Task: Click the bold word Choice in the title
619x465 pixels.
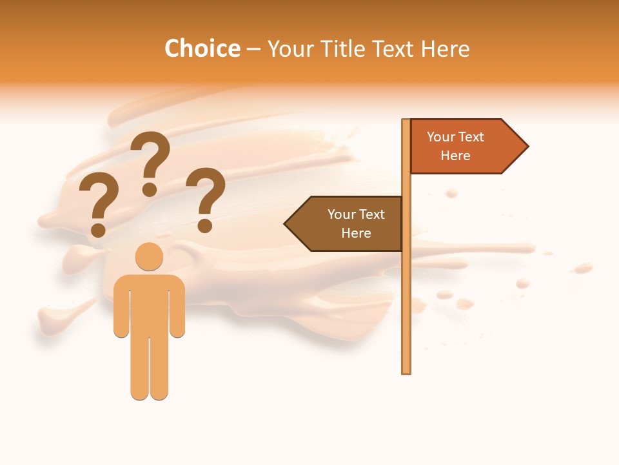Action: coord(202,48)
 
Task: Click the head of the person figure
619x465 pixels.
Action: coord(149,256)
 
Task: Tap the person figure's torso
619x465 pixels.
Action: coord(149,304)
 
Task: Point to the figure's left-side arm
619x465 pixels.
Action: coord(121,310)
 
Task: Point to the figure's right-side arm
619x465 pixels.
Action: coord(178,310)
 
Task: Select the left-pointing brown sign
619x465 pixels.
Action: coord(348,223)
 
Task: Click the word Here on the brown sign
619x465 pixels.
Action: coord(356,233)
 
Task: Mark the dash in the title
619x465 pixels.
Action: coord(253,49)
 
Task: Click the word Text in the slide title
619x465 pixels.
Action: coord(394,48)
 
